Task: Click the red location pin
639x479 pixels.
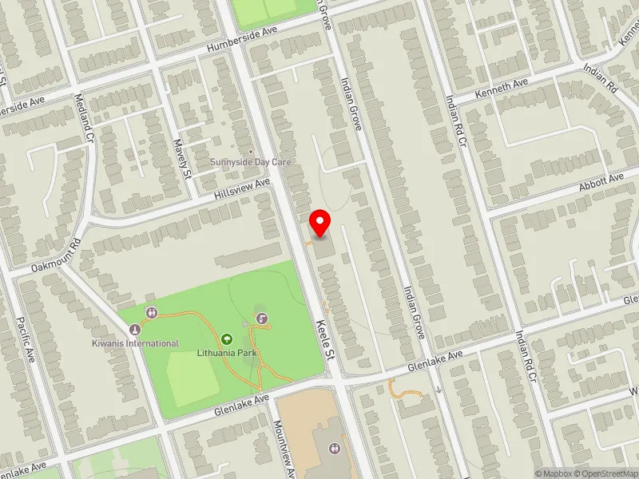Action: [320, 222]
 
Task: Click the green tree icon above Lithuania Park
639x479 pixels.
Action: [226, 339]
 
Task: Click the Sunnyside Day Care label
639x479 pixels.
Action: [251, 162]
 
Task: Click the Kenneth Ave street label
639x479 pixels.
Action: [502, 89]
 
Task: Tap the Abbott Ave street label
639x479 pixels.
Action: [601, 181]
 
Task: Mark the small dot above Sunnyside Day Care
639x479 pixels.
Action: [251, 151]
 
